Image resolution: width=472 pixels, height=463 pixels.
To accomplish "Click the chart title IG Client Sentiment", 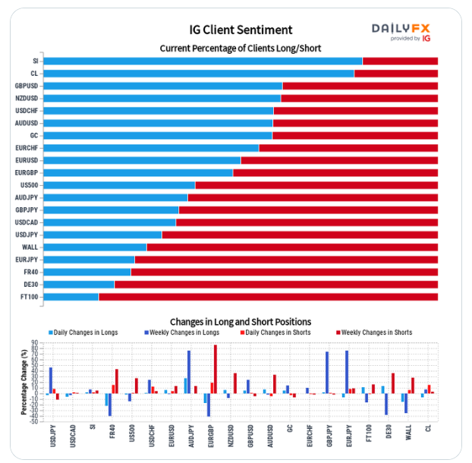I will pyautogui.click(x=241, y=30).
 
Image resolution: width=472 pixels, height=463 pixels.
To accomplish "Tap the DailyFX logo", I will pyautogui.click(x=401, y=31).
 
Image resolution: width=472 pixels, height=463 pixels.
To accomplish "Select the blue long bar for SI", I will pyautogui.click(x=203, y=61).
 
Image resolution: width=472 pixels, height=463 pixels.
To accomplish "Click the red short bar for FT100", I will pyautogui.click(x=268, y=297).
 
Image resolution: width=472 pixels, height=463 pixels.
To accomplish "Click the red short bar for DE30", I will pyautogui.click(x=275, y=285).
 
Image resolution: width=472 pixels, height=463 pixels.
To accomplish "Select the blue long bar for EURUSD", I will pyautogui.click(x=142, y=160).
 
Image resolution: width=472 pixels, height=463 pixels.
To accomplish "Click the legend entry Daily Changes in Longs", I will pyautogui.click(x=86, y=332).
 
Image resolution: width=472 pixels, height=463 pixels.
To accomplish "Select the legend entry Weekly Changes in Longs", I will pyautogui.click(x=183, y=332).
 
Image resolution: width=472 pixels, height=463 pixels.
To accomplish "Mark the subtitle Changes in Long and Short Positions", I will pyautogui.click(x=241, y=322).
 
